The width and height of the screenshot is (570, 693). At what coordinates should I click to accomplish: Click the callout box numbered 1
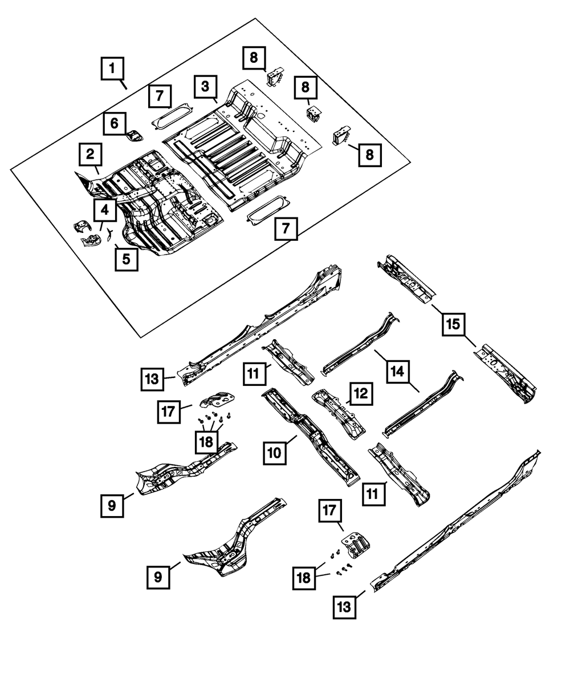click(x=112, y=69)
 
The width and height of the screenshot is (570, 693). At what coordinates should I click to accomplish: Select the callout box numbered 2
click(x=90, y=154)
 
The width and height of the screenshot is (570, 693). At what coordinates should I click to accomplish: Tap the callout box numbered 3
click(x=205, y=87)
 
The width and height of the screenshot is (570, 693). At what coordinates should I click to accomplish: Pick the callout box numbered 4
click(x=105, y=209)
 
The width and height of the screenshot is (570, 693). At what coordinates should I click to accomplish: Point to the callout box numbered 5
click(x=127, y=259)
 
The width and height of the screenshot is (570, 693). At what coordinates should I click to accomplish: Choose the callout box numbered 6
click(x=115, y=123)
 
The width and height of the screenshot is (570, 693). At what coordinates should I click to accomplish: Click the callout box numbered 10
click(x=275, y=453)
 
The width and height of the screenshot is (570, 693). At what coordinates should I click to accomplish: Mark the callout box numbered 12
click(x=361, y=394)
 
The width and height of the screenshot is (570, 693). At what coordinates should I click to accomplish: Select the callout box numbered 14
click(x=398, y=372)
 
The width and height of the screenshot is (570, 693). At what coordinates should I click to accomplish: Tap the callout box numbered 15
click(x=453, y=324)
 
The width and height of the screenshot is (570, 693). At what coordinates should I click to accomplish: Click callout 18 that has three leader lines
click(x=207, y=442)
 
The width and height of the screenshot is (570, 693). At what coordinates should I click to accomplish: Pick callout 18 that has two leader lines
click(x=304, y=578)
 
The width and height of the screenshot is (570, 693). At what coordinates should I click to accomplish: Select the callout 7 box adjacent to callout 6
click(x=160, y=96)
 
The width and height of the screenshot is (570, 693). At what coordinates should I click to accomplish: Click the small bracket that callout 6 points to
click(x=136, y=135)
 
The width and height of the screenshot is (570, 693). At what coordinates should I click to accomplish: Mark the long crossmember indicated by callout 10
click(x=311, y=437)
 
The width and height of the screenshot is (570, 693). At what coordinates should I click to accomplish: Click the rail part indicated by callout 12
click(x=339, y=414)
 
